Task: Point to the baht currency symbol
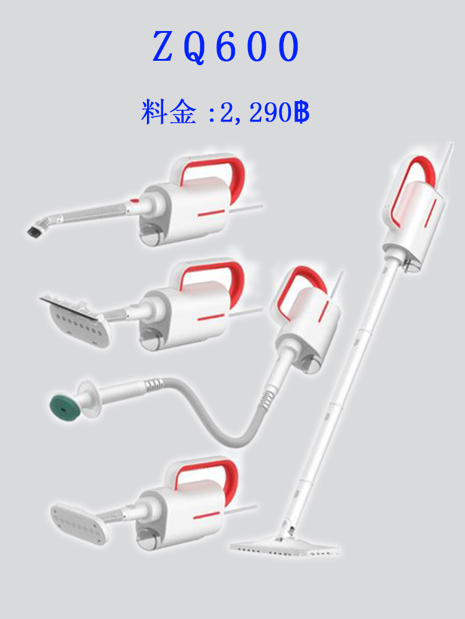[301, 112]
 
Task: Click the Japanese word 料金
[168, 112]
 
